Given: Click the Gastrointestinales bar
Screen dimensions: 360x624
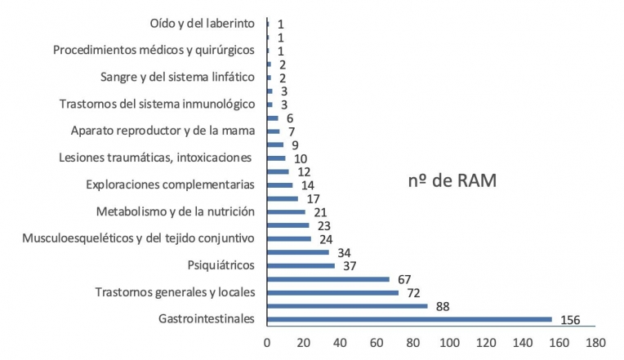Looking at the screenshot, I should [409, 318].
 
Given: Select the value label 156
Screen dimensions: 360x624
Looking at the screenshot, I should [570, 320].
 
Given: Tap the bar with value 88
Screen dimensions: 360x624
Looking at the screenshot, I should [347, 305].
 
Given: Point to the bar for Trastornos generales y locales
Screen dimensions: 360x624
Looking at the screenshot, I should [332, 292].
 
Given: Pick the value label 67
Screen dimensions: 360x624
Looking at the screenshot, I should [403, 279].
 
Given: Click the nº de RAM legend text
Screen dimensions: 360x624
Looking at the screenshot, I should [452, 181].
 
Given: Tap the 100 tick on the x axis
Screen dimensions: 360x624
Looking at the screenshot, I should [449, 343].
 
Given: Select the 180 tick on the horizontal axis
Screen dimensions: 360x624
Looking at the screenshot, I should [595, 343].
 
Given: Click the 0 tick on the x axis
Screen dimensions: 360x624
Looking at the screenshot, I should [267, 343].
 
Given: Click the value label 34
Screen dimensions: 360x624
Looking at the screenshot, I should [344, 252].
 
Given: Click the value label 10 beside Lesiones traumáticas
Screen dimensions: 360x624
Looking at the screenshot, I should [300, 158].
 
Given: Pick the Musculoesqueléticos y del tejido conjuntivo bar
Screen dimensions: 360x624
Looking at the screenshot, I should [289, 238].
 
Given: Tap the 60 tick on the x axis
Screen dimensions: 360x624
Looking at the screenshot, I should [377, 343].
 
